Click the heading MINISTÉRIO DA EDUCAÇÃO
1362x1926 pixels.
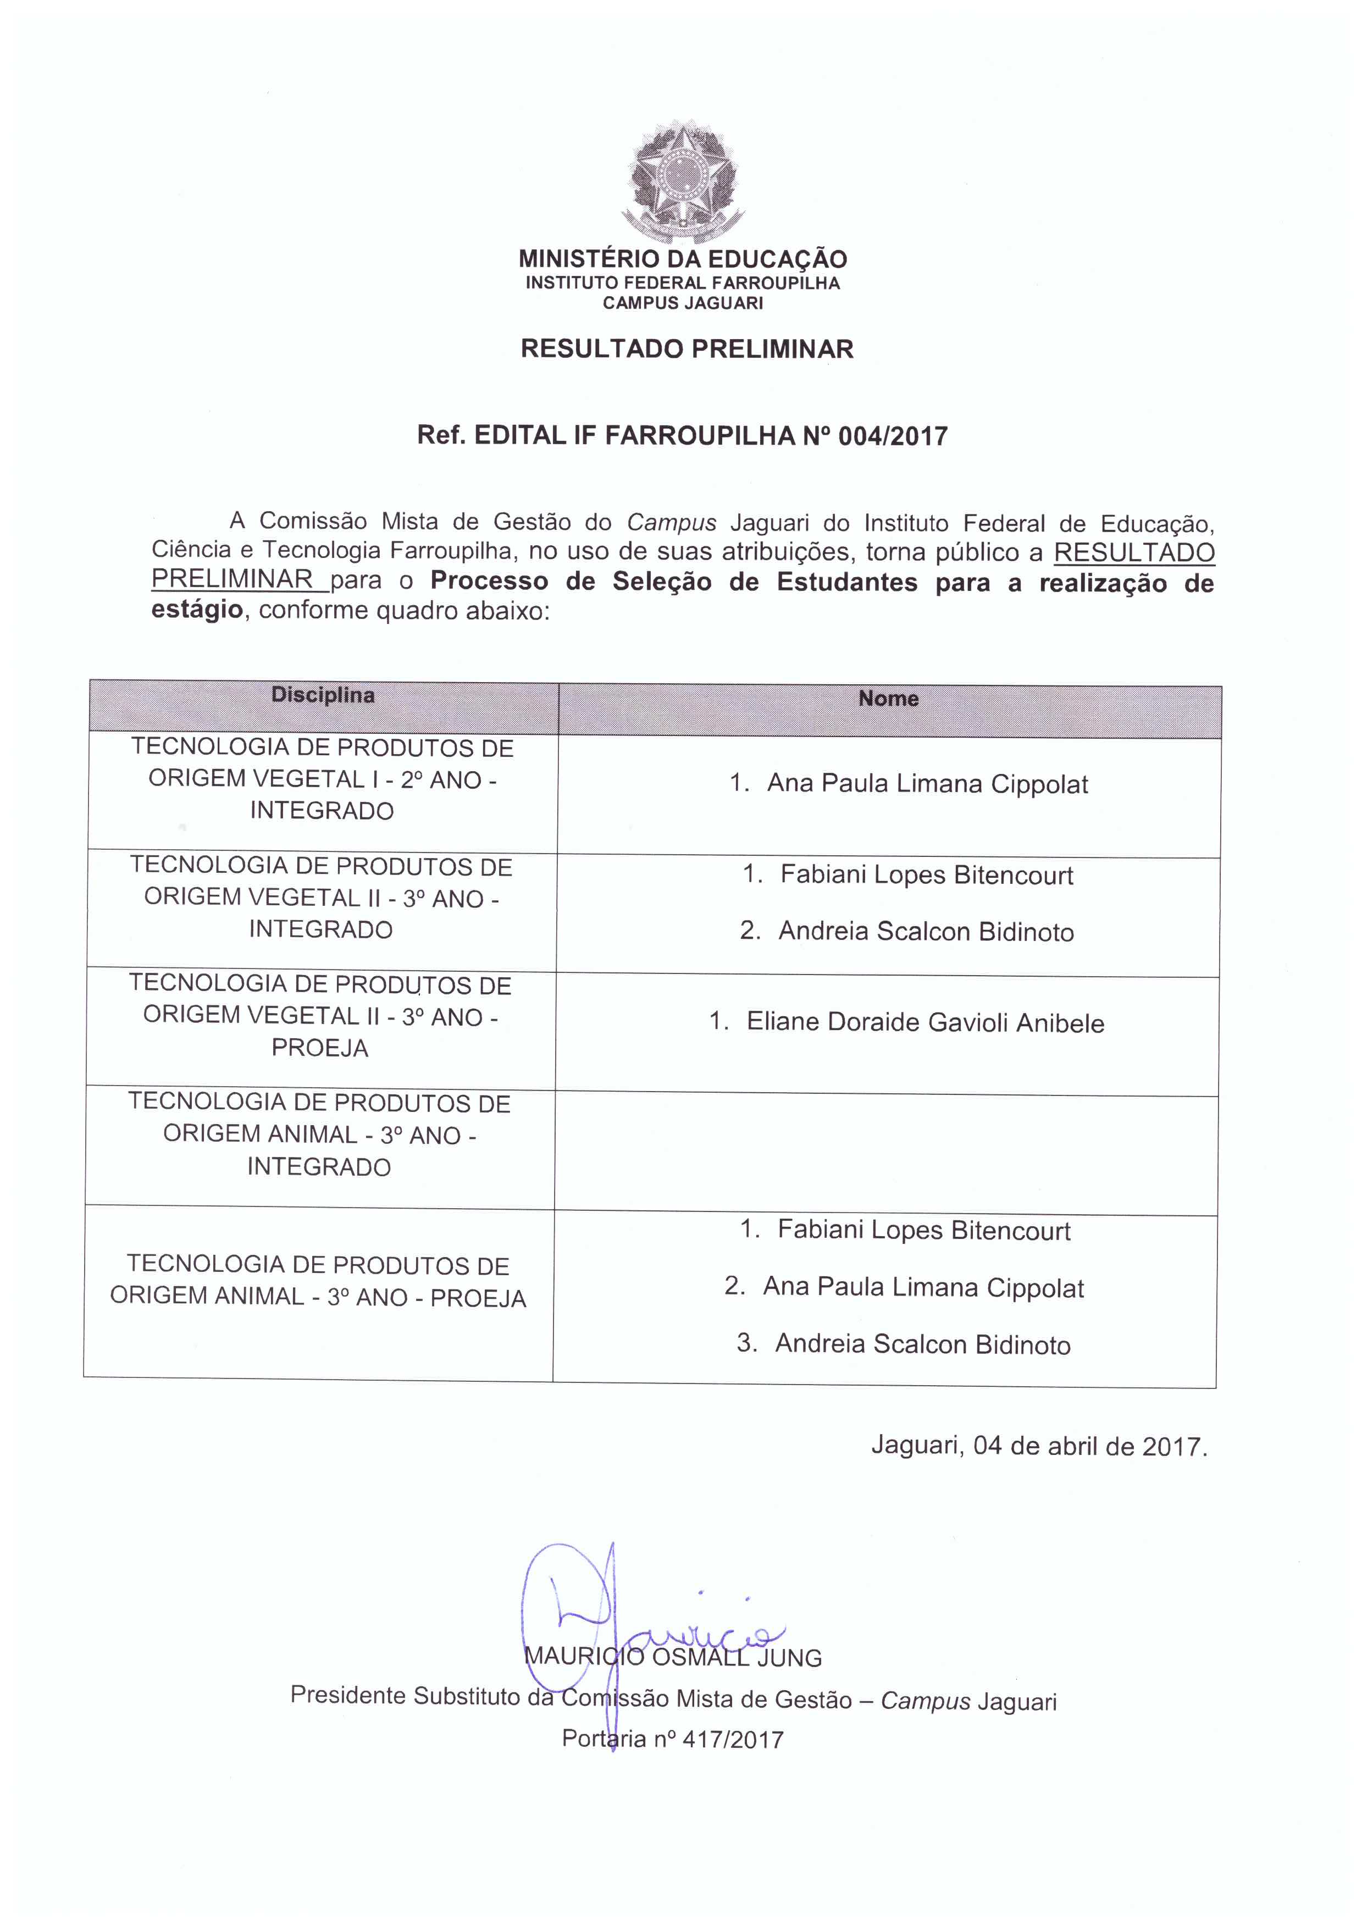(x=683, y=258)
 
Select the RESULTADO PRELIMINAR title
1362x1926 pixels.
(x=687, y=349)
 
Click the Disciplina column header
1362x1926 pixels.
(x=323, y=695)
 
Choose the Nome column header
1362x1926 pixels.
(x=888, y=699)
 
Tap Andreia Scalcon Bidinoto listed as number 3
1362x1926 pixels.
(x=922, y=1344)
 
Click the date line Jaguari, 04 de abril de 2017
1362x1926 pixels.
(x=1039, y=1446)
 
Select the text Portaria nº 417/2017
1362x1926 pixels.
(x=673, y=1739)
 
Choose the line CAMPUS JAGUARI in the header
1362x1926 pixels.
(x=683, y=303)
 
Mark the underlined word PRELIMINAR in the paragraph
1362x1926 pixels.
(x=232, y=580)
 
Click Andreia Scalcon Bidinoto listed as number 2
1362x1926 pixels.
(x=926, y=932)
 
